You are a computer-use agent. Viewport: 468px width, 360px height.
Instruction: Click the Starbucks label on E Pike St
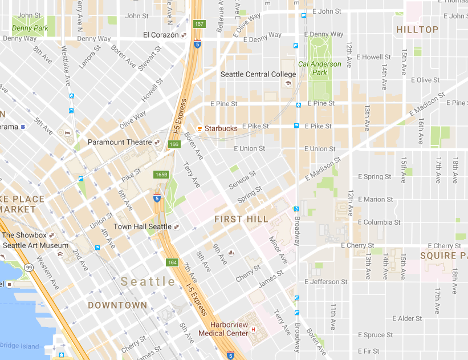pyautogui.click(x=221, y=128)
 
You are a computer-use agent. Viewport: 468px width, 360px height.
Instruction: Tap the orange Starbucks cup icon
pyautogui.click(x=200, y=128)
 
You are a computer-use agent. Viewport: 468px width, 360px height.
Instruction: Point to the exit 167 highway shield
pyautogui.click(x=199, y=24)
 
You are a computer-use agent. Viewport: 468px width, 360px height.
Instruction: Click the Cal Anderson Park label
pyautogui.click(x=320, y=68)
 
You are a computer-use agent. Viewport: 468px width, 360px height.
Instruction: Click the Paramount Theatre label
pyautogui.click(x=120, y=142)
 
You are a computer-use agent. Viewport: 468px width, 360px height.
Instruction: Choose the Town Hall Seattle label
pyautogui.click(x=143, y=226)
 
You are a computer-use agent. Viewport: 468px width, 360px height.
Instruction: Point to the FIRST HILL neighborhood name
pyautogui.click(x=241, y=219)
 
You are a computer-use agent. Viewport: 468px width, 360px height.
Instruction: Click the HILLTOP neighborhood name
pyautogui.click(x=417, y=29)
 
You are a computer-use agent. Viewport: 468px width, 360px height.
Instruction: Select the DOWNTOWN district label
pyautogui.click(x=117, y=305)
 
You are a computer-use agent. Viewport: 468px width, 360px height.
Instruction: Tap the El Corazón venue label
pyautogui.click(x=161, y=35)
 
